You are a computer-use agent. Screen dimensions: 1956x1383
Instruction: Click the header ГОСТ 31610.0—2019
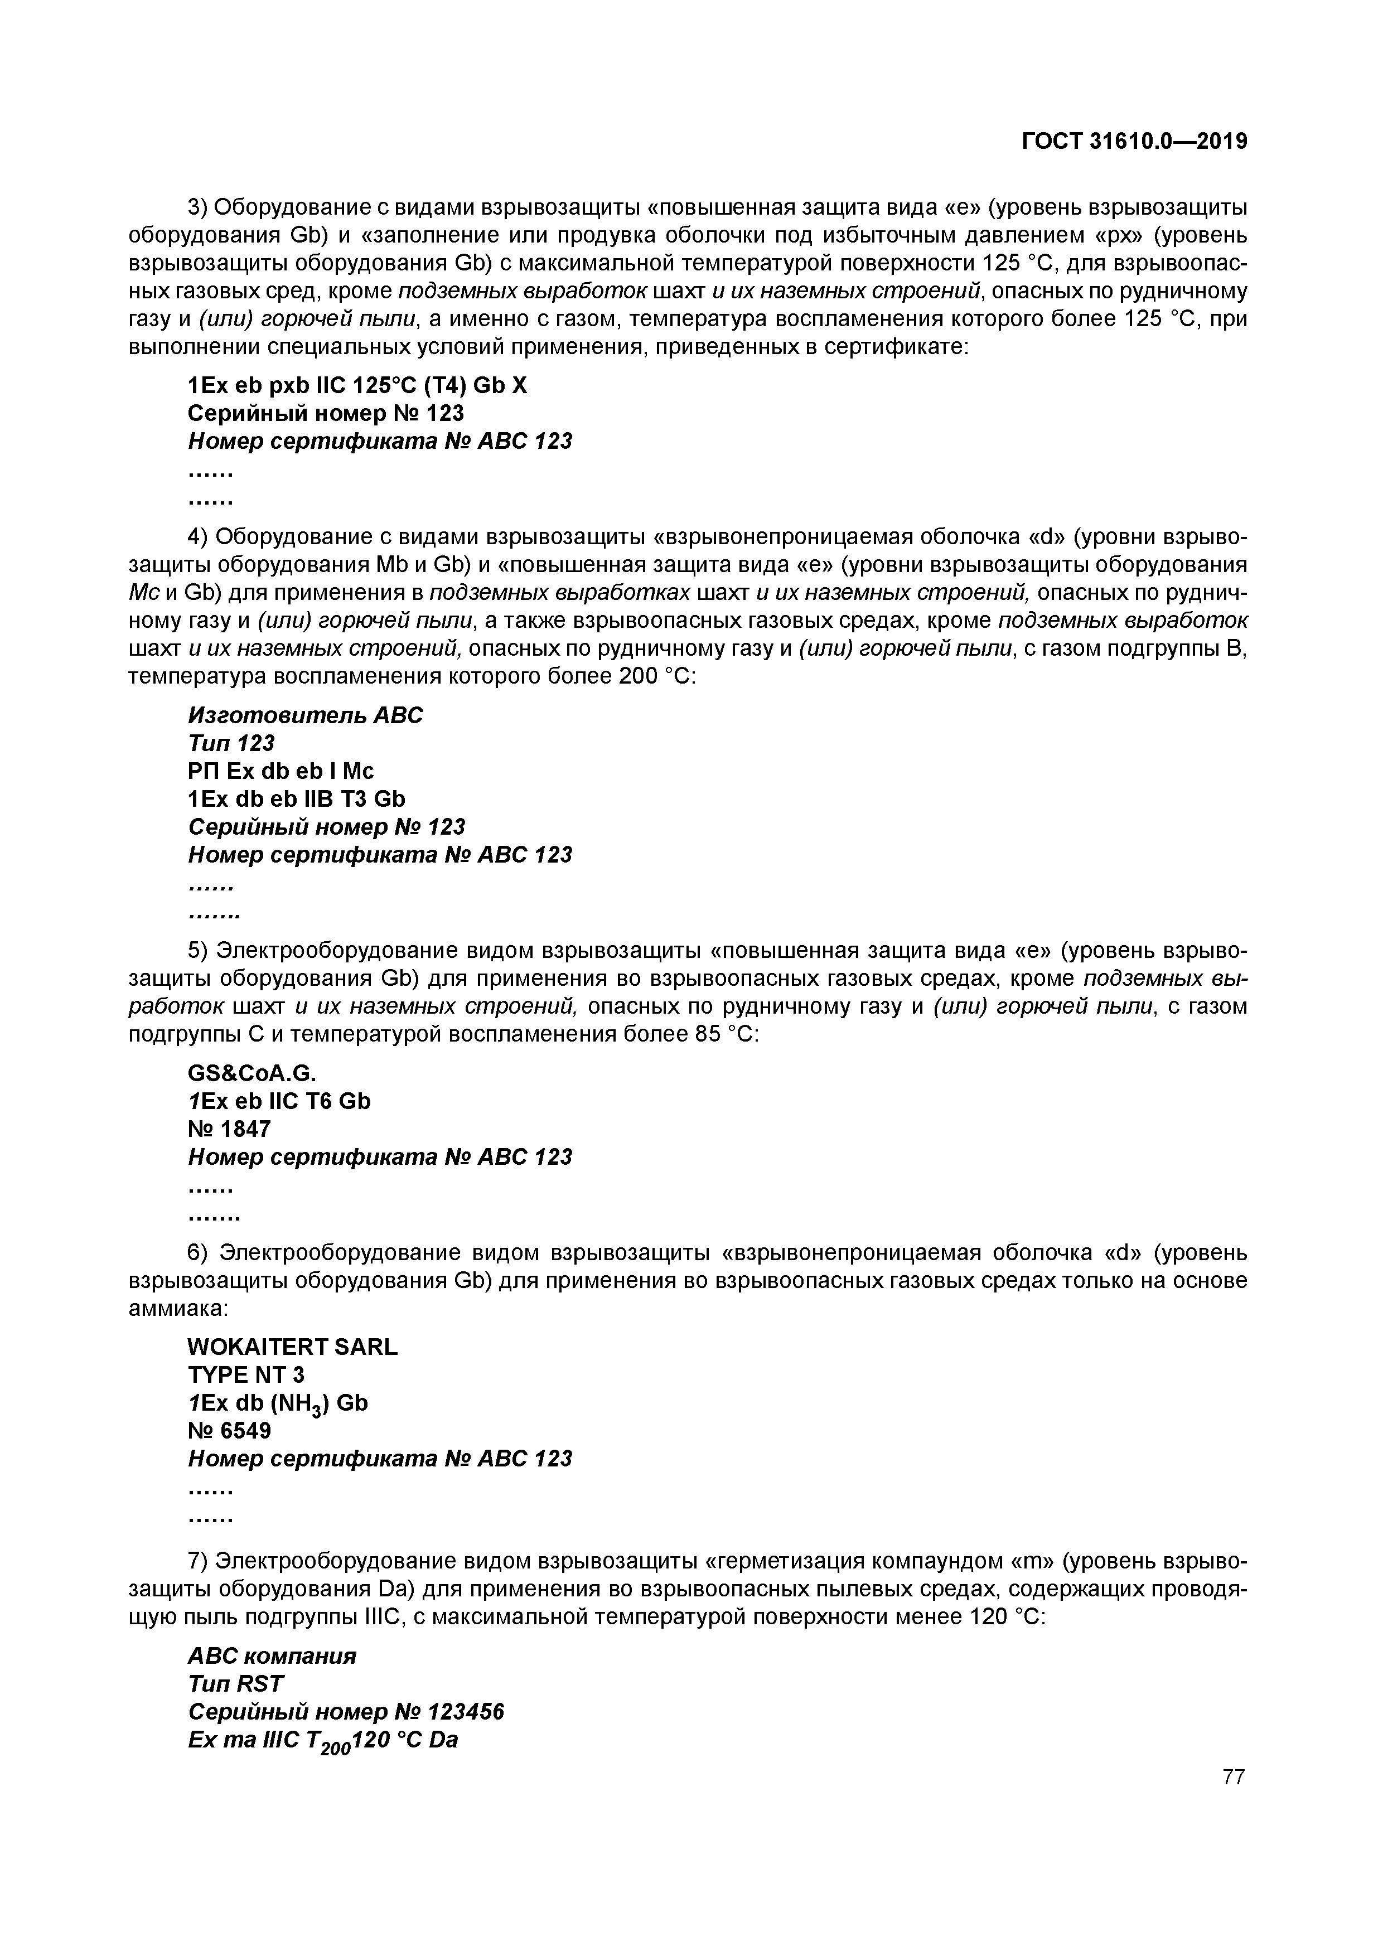1134,142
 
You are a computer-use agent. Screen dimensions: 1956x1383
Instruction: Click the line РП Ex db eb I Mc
281,771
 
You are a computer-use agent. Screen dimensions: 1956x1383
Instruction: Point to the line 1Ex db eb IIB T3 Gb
296,799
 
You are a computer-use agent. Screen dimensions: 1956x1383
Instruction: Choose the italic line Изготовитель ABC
305,715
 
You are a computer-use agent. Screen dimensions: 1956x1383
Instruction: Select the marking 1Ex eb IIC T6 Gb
279,1102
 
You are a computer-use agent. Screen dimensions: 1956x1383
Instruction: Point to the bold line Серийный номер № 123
326,414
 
